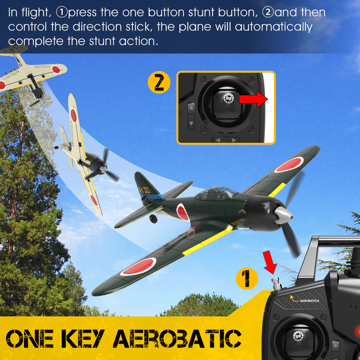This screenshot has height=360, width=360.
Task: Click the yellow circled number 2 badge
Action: click(159, 82)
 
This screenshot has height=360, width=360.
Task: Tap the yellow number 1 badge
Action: click(247, 279)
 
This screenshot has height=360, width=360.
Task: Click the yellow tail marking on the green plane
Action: click(143, 189)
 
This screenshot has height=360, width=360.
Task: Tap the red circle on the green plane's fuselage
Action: click(182, 212)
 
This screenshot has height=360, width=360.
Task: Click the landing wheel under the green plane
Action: click(154, 218)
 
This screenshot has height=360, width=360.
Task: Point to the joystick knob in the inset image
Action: click(227, 99)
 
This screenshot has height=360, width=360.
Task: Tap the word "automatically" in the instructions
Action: click(273, 27)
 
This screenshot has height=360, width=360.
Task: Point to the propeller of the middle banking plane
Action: click(105, 166)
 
